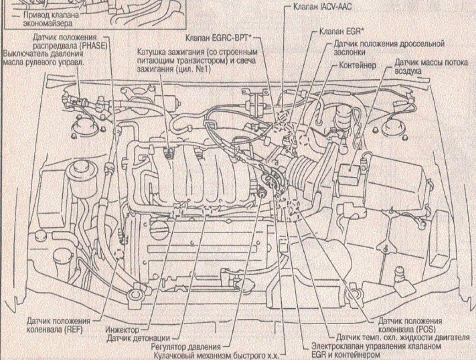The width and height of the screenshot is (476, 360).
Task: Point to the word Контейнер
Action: coord(357,65)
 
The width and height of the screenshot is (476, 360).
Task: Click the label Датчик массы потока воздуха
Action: coord(431,66)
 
